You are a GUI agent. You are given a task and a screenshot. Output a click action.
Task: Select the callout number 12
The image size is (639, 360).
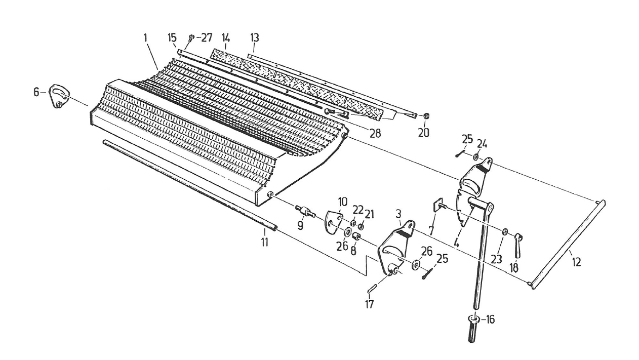[x=576, y=262]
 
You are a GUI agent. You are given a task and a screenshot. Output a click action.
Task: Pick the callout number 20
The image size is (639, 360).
[x=423, y=132]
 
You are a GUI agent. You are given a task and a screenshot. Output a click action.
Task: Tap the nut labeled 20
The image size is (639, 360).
[x=426, y=116]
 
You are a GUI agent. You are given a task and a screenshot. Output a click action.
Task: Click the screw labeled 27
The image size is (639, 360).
[x=191, y=37]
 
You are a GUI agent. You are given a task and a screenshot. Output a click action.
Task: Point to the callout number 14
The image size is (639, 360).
[x=226, y=37]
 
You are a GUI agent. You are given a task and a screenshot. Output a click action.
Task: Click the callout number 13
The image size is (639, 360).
[x=254, y=37]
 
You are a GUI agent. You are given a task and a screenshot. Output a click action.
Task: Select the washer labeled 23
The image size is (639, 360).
[x=505, y=231]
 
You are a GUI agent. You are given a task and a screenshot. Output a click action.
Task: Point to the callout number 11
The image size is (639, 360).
[x=264, y=243]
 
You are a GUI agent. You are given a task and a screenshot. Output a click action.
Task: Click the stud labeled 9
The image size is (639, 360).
[x=305, y=211]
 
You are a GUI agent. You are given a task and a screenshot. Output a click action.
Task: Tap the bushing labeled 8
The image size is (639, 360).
[x=356, y=236]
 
